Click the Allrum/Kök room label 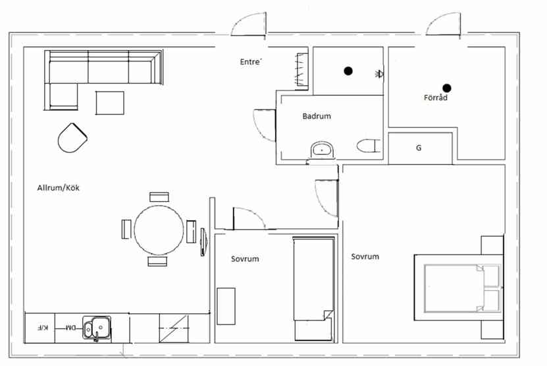coord(59,188)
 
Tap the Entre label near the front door coord(251,62)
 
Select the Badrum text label coord(317,116)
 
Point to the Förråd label coord(435,98)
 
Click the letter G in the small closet coord(419,148)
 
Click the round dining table coord(159,230)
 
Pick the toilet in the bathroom coord(368,146)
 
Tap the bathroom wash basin coord(323,150)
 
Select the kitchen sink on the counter coord(97,328)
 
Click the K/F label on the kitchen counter coord(43,328)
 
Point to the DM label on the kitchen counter coord(71,328)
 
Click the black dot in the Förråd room coord(447,88)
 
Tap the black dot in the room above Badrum coord(348,71)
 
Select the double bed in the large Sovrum coord(458,288)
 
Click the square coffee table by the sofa coord(110,103)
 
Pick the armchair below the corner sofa coord(72,138)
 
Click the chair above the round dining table coord(159,197)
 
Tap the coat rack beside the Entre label coord(301,69)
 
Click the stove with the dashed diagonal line coord(174,328)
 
